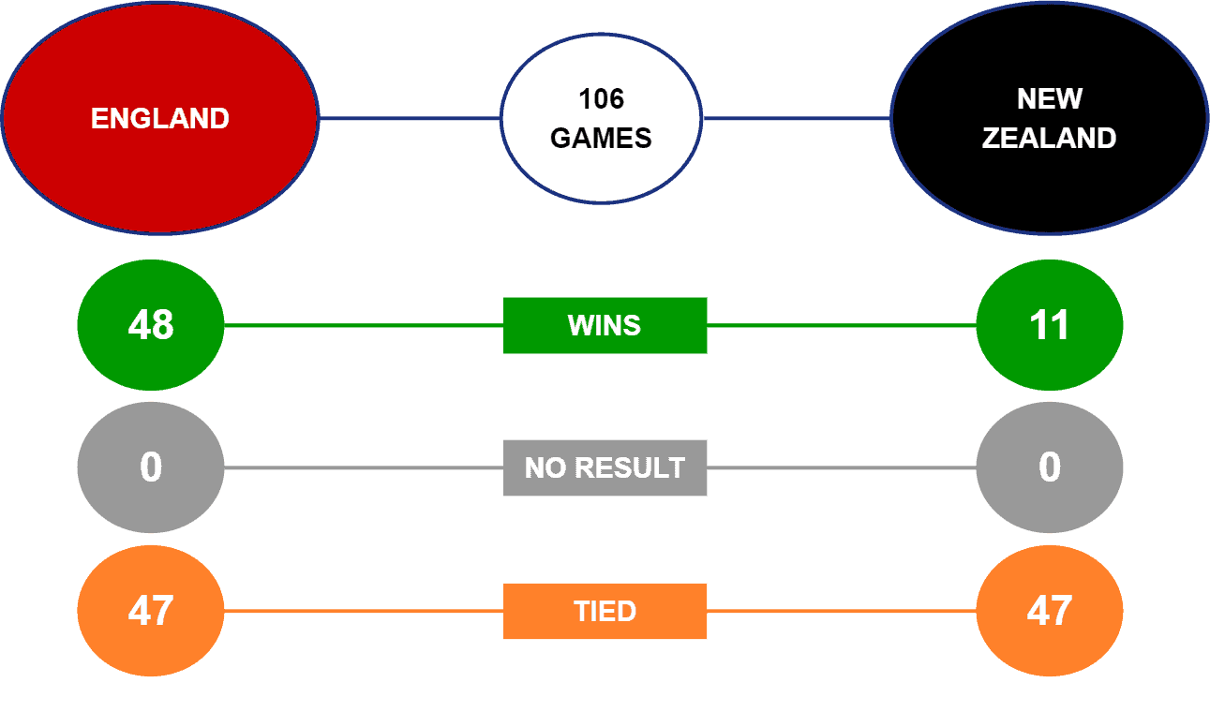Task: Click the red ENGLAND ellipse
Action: pos(159,118)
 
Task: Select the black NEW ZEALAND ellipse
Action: pos(1049,118)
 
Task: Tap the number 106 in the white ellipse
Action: pos(601,98)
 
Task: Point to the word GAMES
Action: pos(601,139)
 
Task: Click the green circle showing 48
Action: pos(150,325)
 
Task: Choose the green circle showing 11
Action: pos(1049,325)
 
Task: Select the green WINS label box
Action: pos(605,325)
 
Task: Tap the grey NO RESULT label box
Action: pos(605,467)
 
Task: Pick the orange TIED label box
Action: pos(605,611)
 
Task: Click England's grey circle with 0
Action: pos(150,467)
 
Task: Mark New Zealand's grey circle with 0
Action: pos(1049,467)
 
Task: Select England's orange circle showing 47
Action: pos(150,611)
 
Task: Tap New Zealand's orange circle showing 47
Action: pos(1049,611)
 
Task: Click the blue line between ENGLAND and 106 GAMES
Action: pos(410,119)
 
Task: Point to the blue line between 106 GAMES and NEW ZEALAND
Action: pos(796,119)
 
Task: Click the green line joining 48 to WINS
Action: pos(364,326)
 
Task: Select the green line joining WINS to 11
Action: pos(842,326)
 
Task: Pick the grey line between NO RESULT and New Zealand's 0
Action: pos(842,467)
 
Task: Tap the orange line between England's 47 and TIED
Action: pos(364,611)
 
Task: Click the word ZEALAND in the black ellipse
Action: pos(1049,139)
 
